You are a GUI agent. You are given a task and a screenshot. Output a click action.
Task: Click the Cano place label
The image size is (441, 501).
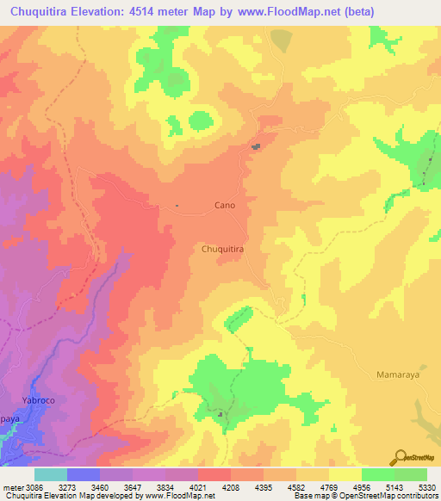pos(224,206)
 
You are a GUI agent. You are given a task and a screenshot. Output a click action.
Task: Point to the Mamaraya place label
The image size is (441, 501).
pos(399,375)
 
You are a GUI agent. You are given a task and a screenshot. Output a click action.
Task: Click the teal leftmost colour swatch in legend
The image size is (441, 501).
pos(51,474)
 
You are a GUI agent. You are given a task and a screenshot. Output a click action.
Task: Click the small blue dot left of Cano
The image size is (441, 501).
pos(177,205)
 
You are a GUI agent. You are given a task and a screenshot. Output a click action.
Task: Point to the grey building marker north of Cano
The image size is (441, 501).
pos(256,147)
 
